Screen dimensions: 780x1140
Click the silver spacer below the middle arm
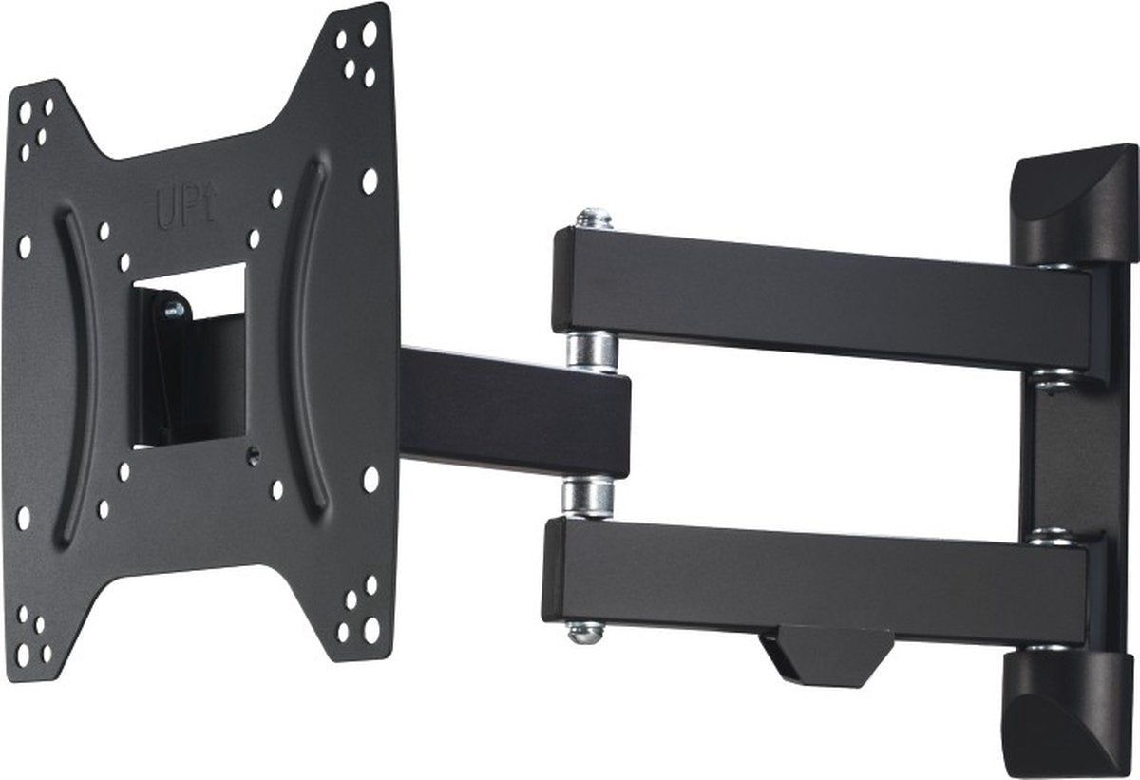click(586, 497)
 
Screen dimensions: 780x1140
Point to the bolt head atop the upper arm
click(593, 219)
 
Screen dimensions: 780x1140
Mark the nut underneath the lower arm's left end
click(584, 630)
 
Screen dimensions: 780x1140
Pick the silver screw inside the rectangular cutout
click(174, 309)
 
